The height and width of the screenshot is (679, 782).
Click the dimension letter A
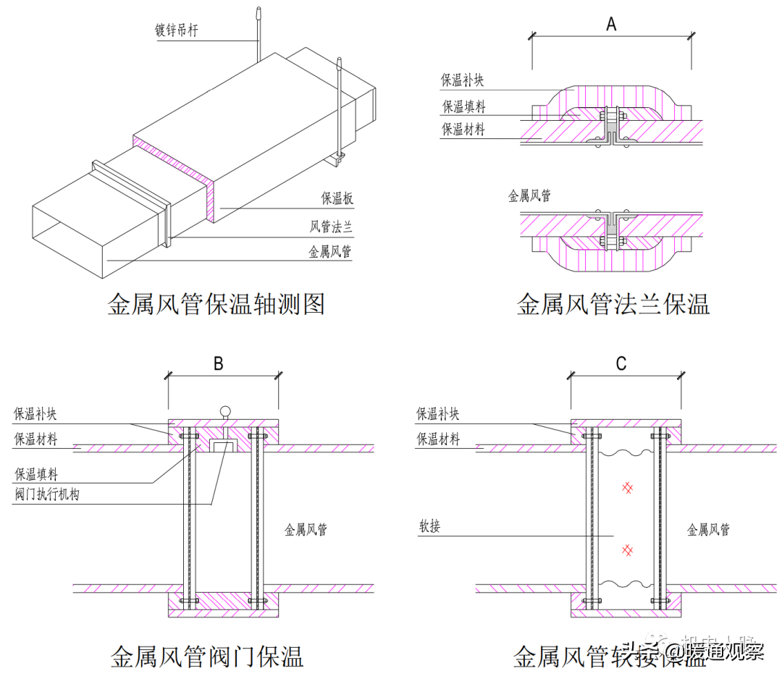(x=611, y=24)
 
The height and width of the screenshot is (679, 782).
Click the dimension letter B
(x=218, y=364)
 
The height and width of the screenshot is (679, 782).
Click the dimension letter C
(x=621, y=364)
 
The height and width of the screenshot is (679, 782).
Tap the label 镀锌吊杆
(x=177, y=31)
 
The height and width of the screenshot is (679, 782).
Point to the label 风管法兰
(x=331, y=227)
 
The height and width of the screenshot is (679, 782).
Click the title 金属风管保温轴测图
(x=216, y=304)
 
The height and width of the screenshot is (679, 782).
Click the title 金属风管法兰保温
(x=613, y=304)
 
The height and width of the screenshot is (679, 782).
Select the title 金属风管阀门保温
(x=206, y=657)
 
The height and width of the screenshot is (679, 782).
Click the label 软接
(x=429, y=526)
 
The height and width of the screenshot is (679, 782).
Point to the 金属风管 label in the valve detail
(x=306, y=530)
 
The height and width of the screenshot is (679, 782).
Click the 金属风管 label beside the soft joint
(x=708, y=530)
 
